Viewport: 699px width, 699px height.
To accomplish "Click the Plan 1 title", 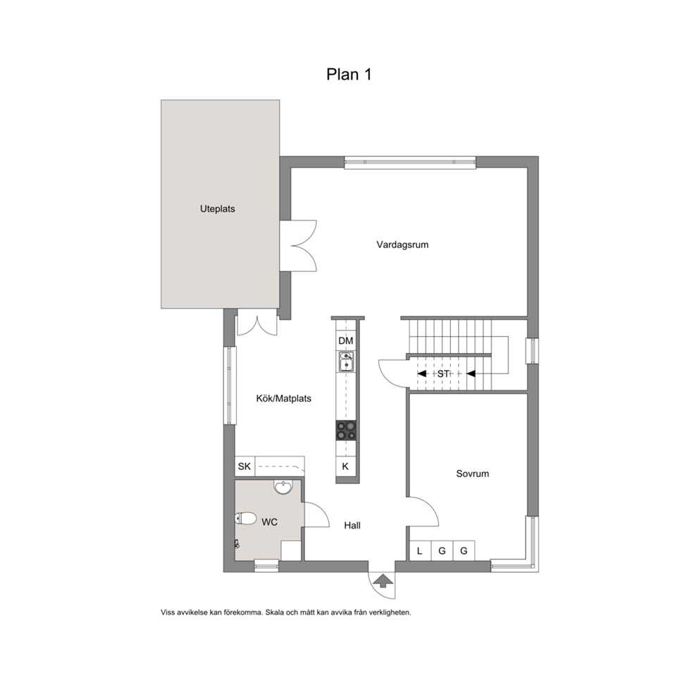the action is click(x=349, y=74).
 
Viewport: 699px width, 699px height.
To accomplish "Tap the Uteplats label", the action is click(x=218, y=209).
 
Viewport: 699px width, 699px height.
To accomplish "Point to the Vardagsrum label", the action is click(x=402, y=245).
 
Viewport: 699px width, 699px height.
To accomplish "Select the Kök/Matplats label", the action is click(x=283, y=399).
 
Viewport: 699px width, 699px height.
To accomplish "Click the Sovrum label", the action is click(x=473, y=474).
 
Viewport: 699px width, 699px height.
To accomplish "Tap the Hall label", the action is click(x=352, y=526).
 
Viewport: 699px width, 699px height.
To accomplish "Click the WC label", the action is click(x=270, y=522).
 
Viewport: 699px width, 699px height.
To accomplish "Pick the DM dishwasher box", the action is click(x=346, y=341).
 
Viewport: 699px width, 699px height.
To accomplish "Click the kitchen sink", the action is click(x=347, y=361).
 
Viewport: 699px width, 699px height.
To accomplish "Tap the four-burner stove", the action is click(x=347, y=431).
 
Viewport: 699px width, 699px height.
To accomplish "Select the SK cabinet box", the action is click(x=245, y=466).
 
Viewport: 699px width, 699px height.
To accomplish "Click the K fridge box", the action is click(x=345, y=466).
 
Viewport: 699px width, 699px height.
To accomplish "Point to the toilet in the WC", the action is click(x=246, y=518).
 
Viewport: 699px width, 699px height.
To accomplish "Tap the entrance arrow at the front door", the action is click(x=383, y=581).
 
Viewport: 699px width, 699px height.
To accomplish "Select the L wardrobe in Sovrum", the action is click(x=420, y=550).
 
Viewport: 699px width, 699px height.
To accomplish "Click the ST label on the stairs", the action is click(x=443, y=374).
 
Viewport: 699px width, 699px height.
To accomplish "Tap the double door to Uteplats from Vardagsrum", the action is click(x=299, y=246).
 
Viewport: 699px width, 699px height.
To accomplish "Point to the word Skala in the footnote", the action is click(x=274, y=612).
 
